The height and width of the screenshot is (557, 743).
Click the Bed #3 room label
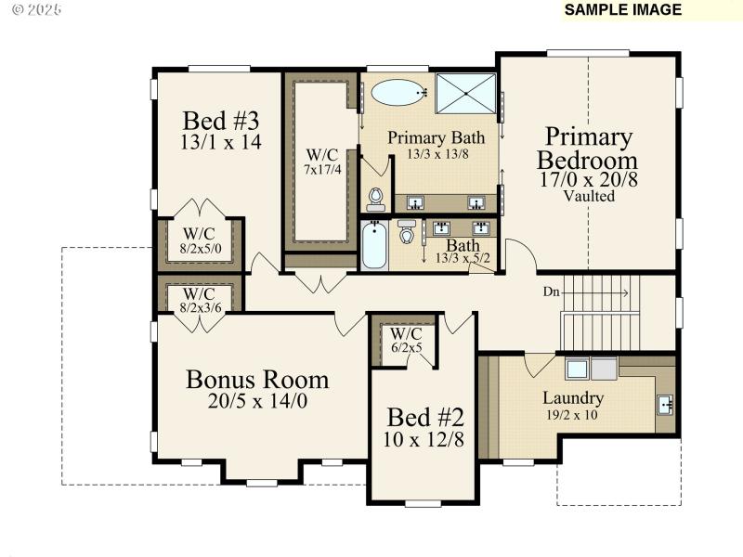(x=220, y=121)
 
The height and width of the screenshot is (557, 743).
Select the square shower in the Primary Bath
(x=466, y=93)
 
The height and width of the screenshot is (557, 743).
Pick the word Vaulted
(x=589, y=196)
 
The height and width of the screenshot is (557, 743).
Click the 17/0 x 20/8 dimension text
(x=589, y=179)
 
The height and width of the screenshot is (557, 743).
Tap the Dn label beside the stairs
(x=552, y=291)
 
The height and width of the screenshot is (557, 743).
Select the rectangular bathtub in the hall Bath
(x=374, y=245)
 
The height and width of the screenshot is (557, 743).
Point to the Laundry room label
(x=573, y=398)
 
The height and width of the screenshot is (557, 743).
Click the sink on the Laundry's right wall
(x=665, y=405)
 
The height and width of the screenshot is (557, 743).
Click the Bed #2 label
(x=425, y=416)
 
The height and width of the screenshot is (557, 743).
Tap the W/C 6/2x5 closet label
(x=406, y=341)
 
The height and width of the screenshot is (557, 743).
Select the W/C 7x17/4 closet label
(x=322, y=162)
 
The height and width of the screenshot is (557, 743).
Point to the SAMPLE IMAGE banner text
(x=623, y=10)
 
